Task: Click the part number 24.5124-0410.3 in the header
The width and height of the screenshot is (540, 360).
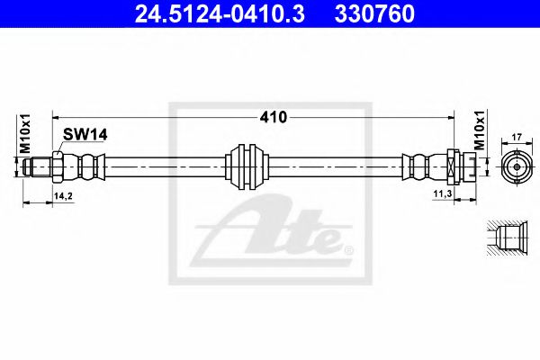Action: point(220,13)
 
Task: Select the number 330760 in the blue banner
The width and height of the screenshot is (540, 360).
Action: point(374,13)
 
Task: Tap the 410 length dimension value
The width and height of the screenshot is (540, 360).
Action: point(273,118)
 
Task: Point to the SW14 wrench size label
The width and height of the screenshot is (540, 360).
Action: point(85,135)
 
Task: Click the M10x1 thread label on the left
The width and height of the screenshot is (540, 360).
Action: point(25,134)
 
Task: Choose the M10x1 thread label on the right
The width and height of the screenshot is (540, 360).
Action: point(480,130)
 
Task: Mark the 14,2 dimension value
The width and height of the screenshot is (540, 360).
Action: point(63,196)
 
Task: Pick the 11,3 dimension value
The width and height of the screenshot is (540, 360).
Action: point(443,194)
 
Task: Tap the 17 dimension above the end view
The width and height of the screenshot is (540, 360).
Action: point(517,137)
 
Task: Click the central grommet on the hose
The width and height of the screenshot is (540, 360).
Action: point(247,166)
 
